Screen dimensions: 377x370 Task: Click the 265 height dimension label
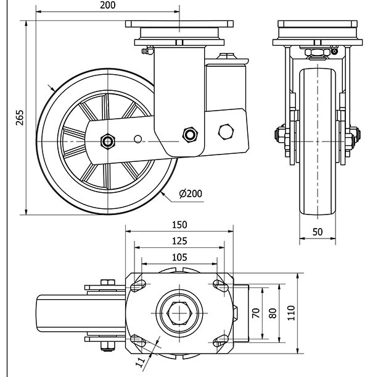coord(19,117)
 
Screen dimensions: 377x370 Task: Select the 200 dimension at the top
coord(108,5)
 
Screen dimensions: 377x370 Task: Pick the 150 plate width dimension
coord(179,225)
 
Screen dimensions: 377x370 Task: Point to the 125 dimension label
coord(179,240)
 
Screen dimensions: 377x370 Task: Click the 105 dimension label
coord(179,256)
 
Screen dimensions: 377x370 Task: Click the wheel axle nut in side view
coord(108,141)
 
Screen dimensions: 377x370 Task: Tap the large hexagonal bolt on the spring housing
coord(226,132)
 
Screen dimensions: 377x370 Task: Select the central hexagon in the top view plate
coord(179,312)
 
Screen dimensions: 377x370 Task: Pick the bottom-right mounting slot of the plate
coord(220,341)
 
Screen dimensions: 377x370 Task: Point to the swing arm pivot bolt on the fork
coord(190,134)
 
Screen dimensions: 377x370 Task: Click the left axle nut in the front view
coord(279,136)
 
